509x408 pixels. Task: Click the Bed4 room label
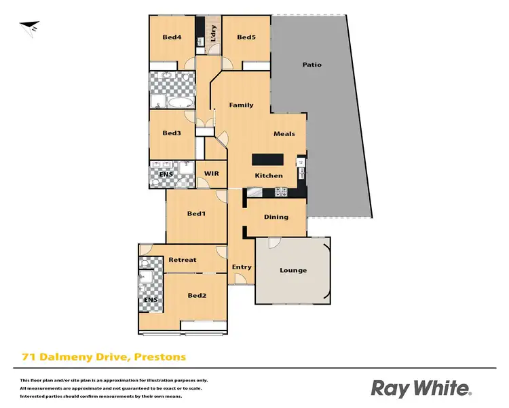(x=171, y=37)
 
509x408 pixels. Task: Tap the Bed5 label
(x=246, y=37)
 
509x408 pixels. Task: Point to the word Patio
(x=312, y=65)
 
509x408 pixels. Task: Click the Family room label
(x=241, y=105)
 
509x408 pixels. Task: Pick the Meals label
(x=284, y=134)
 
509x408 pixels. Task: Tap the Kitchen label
(x=269, y=176)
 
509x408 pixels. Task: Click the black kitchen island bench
(x=267, y=160)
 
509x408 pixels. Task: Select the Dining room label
(x=276, y=218)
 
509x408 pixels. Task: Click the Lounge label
(x=293, y=271)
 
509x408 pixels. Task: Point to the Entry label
(x=242, y=267)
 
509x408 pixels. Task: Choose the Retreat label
(x=183, y=260)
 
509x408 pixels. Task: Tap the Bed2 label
(x=197, y=295)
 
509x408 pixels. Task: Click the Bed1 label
(x=196, y=214)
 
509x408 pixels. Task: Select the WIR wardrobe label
(x=212, y=174)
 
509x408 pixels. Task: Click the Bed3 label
(x=172, y=133)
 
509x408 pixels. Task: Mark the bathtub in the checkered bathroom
(x=180, y=103)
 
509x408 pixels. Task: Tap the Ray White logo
(x=421, y=388)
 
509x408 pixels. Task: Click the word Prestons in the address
(x=160, y=356)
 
